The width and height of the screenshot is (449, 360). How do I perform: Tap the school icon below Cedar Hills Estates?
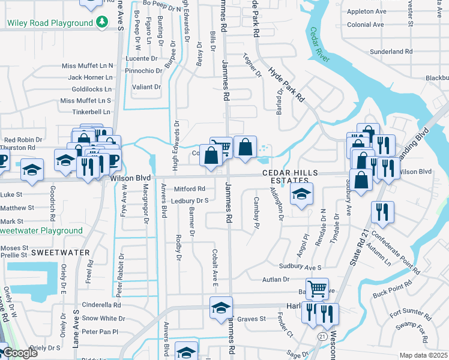pyautogui.click(x=301, y=194)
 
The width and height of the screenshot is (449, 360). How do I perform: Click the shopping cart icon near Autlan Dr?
pyautogui.click(x=317, y=289)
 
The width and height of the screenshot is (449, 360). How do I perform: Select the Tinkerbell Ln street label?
pyautogui.click(x=91, y=112)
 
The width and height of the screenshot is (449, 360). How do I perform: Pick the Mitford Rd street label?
pyautogui.click(x=190, y=188)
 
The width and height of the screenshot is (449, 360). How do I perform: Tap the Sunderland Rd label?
pyautogui.click(x=391, y=52)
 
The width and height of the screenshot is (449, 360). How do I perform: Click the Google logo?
pyautogui.click(x=20, y=353)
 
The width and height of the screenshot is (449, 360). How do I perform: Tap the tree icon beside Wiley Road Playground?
pyautogui.click(x=103, y=23)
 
